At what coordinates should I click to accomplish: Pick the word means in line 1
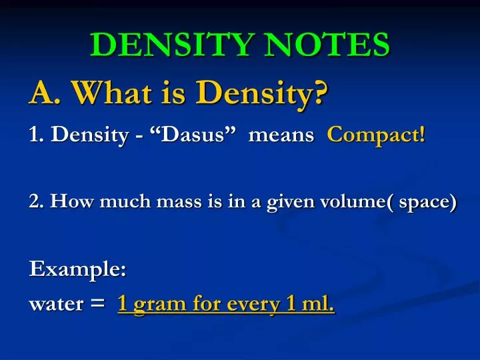281,135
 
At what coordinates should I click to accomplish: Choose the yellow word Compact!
376,135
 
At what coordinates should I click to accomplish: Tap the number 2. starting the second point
36,202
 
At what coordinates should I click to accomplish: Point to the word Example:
78,270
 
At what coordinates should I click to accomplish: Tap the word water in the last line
56,305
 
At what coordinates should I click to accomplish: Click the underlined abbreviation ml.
316,305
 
